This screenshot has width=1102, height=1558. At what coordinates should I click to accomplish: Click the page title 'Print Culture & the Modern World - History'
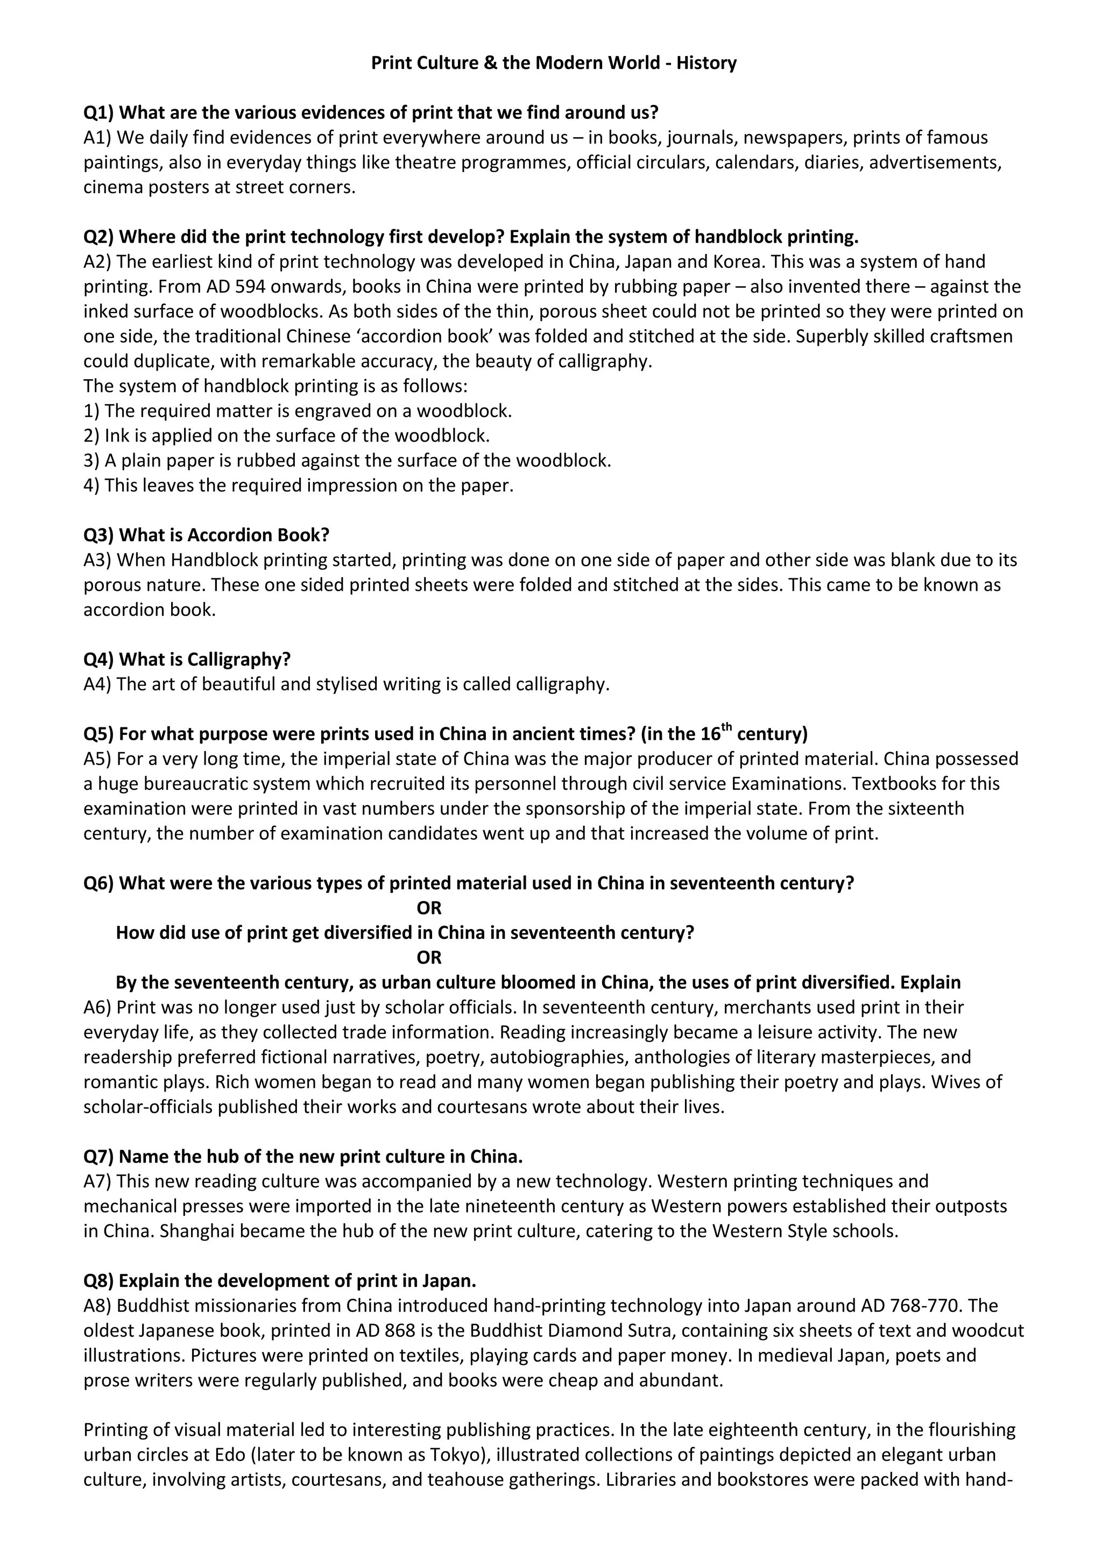click(x=553, y=63)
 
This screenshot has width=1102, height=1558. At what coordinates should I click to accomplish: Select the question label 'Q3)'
click(x=98, y=535)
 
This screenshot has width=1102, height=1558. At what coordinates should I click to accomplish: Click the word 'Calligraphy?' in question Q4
click(x=238, y=659)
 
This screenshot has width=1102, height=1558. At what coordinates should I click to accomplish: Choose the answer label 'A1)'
click(x=98, y=137)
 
